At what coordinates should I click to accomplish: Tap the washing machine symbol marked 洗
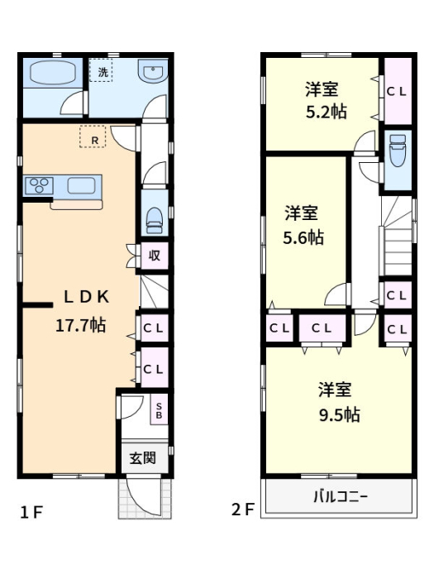pos(101,70)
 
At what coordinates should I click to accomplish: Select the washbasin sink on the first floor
pos(153,71)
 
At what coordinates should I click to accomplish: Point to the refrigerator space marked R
pos(93,136)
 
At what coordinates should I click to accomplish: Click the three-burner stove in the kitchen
pos(39,186)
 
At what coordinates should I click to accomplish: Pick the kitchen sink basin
pos(82,185)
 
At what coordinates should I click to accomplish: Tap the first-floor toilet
pos(155,221)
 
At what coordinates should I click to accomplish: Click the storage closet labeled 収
pos(155,256)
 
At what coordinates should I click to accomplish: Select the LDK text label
pos(86,297)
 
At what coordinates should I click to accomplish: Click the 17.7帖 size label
pos(80,325)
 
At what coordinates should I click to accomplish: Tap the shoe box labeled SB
pos(159,410)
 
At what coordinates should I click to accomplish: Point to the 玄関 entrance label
pos(143,458)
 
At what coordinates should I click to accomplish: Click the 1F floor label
pos(31,512)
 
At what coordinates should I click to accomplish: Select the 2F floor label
pos(243,510)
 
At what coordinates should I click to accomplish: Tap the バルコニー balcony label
pos(341,496)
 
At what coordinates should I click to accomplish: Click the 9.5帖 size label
pos(340,415)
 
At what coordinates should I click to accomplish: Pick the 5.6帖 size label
pos(303,237)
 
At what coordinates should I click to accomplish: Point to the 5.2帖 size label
pos(327,112)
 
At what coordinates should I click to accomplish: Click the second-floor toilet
pos(398,151)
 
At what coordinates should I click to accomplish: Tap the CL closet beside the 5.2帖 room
pos(398,91)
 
